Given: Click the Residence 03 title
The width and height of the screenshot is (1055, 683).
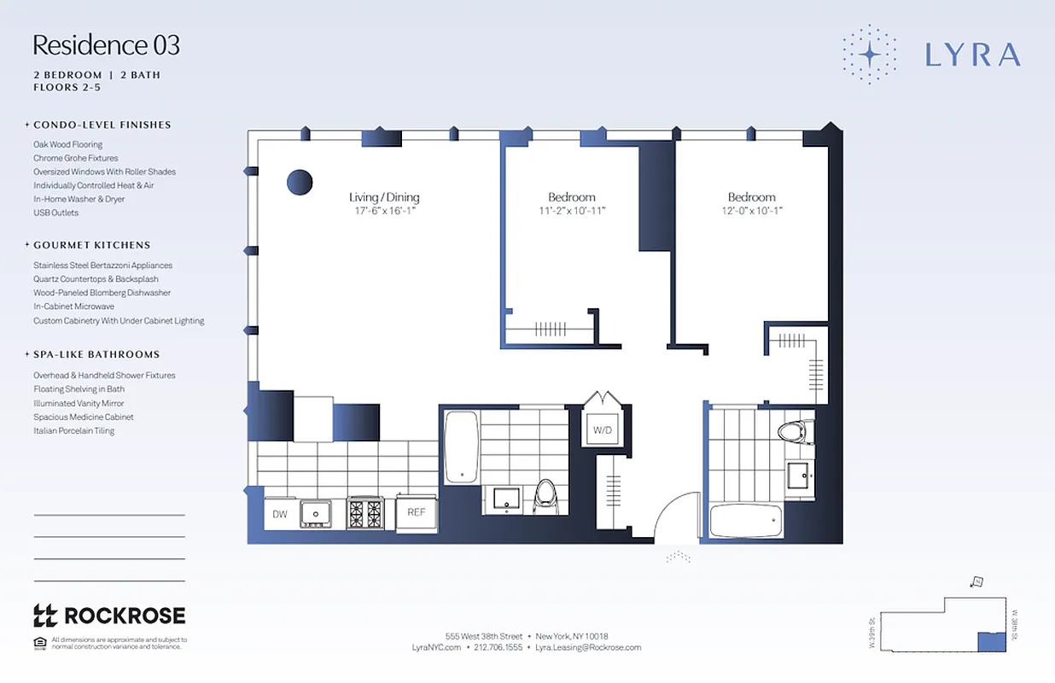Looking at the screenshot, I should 107,44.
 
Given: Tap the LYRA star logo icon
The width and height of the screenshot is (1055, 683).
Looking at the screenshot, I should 869,55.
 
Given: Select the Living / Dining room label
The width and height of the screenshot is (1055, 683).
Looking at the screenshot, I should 384,197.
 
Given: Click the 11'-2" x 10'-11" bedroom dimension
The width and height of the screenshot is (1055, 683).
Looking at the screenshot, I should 571,211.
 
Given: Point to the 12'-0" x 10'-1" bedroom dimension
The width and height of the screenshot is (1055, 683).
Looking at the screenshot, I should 751,211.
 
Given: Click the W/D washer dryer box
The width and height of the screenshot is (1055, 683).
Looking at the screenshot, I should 603,430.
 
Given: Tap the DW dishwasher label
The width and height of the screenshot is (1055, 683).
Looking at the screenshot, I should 280,514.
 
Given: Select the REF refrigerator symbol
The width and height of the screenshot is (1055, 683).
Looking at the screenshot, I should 416,513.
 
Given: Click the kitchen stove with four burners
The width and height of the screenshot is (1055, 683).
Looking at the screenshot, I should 365,513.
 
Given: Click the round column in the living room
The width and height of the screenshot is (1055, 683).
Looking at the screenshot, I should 300,182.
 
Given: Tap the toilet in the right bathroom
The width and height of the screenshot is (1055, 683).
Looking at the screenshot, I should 795,431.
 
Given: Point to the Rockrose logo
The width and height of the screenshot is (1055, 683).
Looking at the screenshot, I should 108,616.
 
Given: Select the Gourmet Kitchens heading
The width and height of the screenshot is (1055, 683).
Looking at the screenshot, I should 91,245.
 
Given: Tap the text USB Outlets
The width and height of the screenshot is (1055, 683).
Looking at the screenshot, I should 55,213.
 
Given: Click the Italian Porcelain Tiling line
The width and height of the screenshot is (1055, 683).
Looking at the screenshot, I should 73,431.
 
